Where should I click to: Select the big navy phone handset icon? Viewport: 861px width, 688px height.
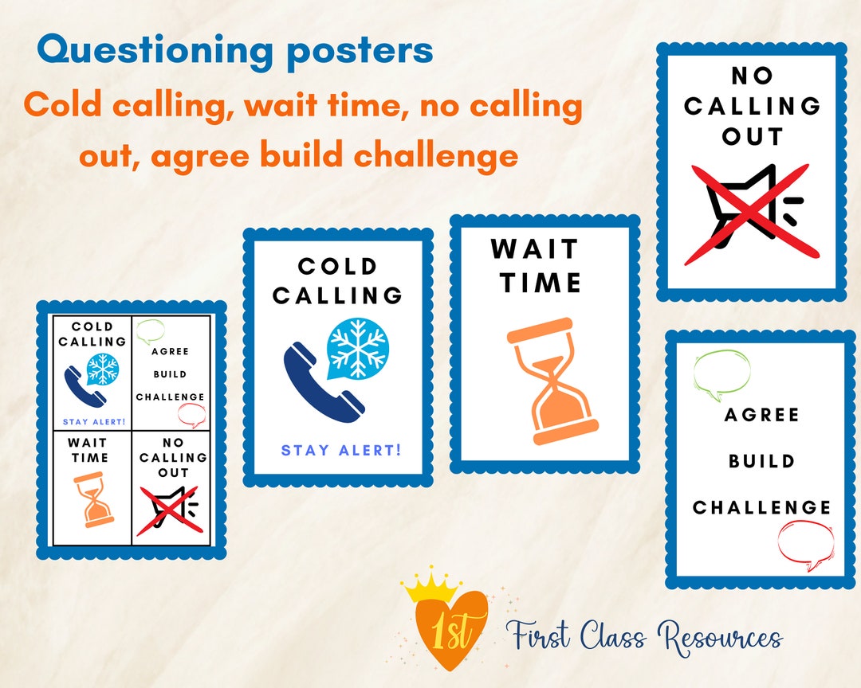[323, 381]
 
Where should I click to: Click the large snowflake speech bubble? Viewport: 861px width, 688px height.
[357, 349]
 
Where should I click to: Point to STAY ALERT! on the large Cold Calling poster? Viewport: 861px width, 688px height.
[341, 451]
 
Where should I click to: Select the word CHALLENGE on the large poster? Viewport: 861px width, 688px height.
[761, 507]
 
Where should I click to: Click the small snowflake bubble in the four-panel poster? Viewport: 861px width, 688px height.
[103, 368]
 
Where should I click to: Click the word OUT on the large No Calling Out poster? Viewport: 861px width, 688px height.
[753, 137]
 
